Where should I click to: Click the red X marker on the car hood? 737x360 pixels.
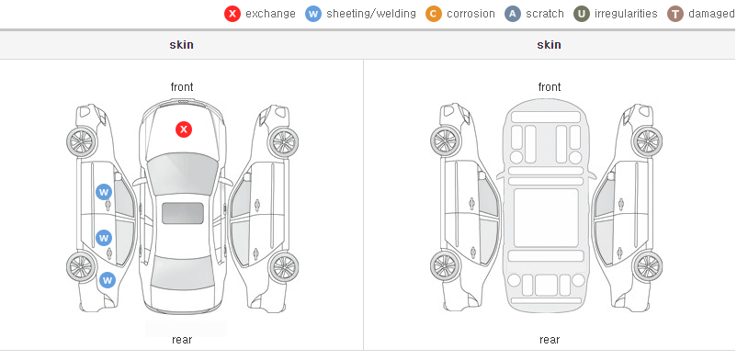click(184, 129)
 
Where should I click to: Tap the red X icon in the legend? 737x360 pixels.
click(232, 14)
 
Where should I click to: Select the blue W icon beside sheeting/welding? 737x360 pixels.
click(313, 14)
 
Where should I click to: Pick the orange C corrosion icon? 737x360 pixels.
click(434, 14)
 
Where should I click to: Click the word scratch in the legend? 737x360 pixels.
click(545, 14)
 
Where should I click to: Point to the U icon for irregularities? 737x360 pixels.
click(582, 14)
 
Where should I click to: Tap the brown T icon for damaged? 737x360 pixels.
click(675, 14)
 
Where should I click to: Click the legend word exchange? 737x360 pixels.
click(270, 14)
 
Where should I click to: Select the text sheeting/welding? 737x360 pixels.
click(371, 14)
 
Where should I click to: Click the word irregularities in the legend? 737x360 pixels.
click(626, 14)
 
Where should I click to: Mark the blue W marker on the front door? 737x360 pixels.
click(104, 192)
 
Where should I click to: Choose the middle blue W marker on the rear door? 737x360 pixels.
click(104, 237)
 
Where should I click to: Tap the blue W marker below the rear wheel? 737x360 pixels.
click(108, 281)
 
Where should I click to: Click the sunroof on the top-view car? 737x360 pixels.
click(183, 213)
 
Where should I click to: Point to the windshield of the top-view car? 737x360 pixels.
click(182, 174)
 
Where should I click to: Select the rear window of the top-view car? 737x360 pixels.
click(182, 273)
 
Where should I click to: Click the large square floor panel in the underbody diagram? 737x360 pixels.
click(546, 218)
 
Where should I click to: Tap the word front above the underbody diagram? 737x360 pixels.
click(550, 87)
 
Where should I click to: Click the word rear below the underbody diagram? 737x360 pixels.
click(550, 340)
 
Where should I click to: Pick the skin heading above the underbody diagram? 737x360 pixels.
click(549, 45)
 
